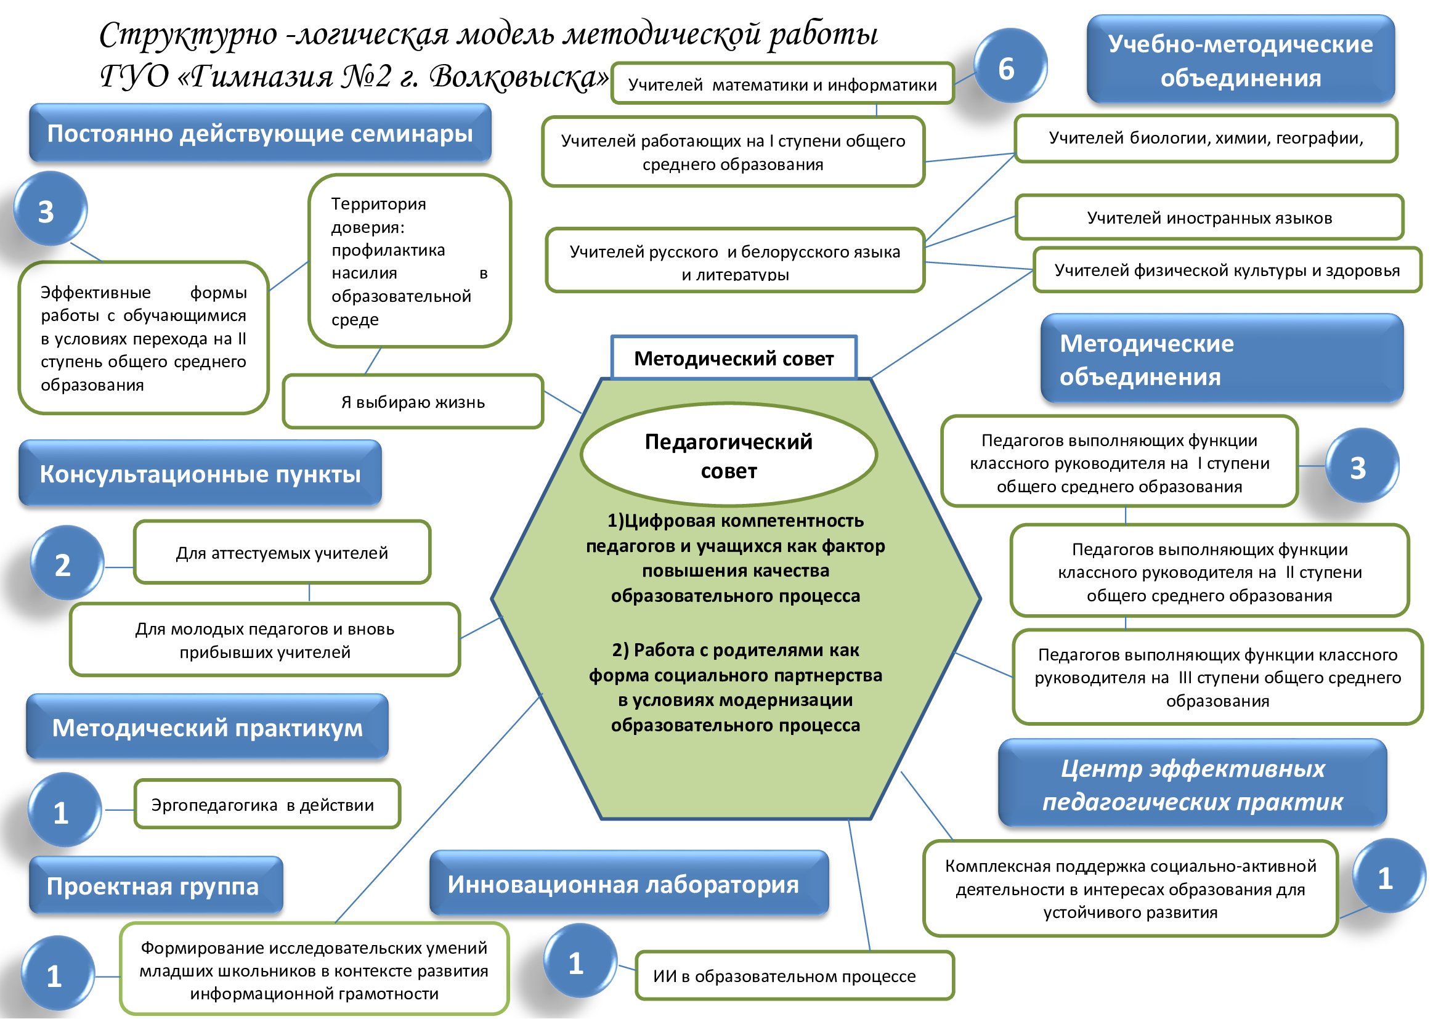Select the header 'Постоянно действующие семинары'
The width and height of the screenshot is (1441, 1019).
coord(260,133)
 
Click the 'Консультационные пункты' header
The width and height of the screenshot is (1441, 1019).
coord(200,474)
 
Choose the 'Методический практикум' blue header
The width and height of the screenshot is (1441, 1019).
coord(207,727)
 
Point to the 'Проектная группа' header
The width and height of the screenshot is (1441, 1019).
coord(155,885)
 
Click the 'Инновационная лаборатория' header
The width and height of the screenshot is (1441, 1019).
coord(628,883)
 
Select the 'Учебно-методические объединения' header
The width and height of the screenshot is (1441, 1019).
coord(1240,60)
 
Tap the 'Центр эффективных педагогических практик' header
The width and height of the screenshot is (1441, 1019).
coord(1192,784)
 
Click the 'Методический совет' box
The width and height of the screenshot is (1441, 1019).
coord(734,359)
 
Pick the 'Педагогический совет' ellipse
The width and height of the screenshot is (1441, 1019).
coord(728,455)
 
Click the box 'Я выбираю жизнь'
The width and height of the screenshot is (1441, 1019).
coord(412,402)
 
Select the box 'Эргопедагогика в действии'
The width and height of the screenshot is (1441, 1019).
coord(267,805)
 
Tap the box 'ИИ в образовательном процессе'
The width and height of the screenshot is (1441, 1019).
coord(794,976)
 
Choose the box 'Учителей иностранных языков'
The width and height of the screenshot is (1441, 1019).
coord(1209,217)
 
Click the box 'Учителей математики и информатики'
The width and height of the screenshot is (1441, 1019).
coord(782,84)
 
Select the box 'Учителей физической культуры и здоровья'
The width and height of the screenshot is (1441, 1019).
coord(1227,270)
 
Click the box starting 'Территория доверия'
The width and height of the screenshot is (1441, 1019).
coord(409,261)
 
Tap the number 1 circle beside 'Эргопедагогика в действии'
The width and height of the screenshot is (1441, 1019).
coord(63,810)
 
